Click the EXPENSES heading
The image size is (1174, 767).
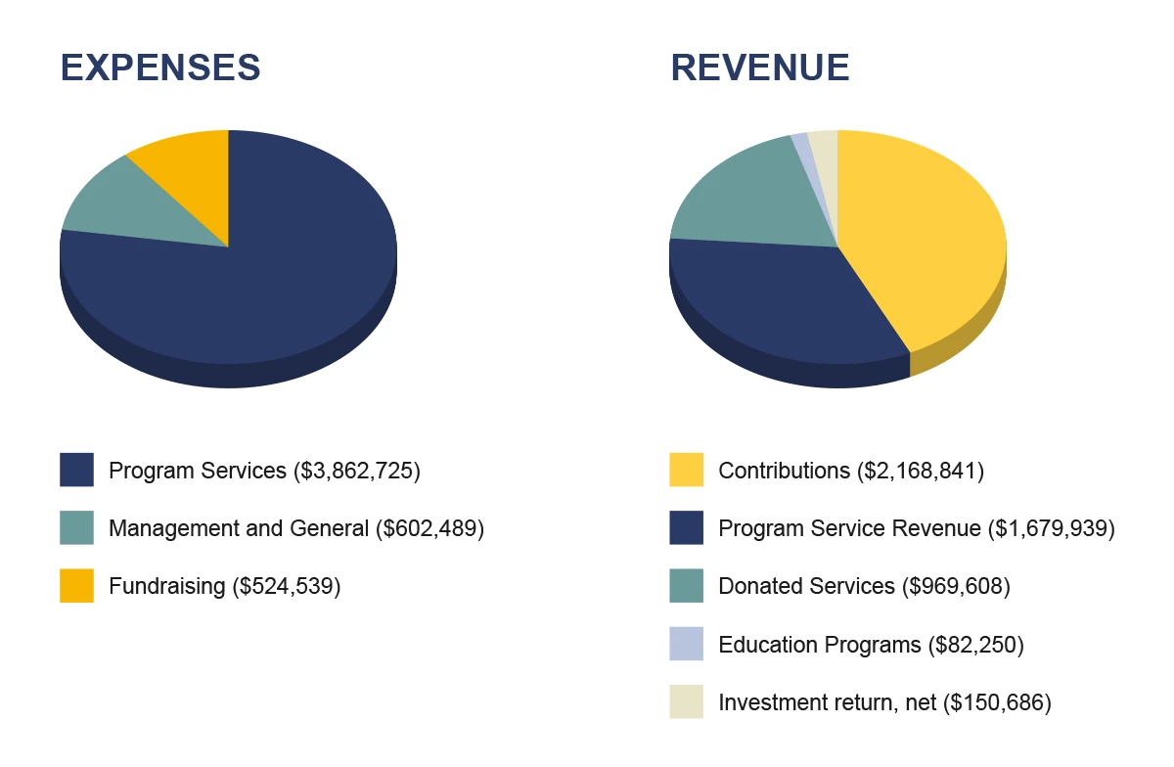160,68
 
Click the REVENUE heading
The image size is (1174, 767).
760,68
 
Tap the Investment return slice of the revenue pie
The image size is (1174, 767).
826,158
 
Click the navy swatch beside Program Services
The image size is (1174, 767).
76,470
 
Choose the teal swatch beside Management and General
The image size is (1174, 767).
76,527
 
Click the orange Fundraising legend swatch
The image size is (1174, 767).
76,586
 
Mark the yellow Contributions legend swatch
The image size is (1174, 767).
686,470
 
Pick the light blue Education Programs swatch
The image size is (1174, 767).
686,644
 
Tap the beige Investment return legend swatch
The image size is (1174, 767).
686,701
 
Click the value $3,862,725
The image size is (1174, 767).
357,471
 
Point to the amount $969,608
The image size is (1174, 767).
956,586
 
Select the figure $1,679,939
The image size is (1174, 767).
1052,528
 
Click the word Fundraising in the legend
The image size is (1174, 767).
166,586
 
